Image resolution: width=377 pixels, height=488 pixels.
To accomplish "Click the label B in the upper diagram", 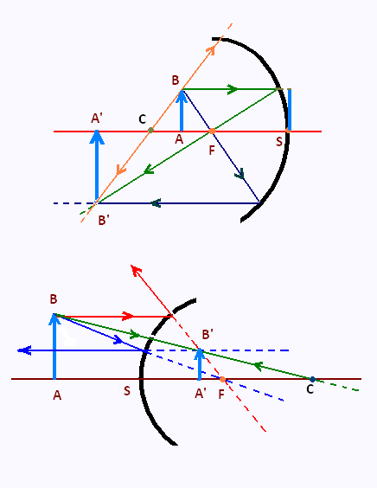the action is coord(176,80).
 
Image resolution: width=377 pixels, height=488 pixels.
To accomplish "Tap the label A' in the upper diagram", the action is coord(97,119).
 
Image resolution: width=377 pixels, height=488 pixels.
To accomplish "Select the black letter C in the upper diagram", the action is coord(142,119).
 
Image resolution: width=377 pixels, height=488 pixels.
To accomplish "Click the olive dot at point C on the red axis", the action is coord(150,130).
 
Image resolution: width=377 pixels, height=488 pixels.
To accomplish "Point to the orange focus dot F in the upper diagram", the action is coord(212,131).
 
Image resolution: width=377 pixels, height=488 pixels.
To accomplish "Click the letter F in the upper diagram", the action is coord(212,151).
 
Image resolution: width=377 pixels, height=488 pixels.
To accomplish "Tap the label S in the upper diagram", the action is coord(279,142).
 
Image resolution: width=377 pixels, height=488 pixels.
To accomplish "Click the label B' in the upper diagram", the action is coord(104,220).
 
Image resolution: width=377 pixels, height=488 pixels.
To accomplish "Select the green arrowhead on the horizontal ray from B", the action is coord(233,89).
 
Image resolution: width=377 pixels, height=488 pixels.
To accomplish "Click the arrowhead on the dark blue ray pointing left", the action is coord(156,203).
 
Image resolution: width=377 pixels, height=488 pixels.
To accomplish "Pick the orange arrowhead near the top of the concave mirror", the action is coord(211,50).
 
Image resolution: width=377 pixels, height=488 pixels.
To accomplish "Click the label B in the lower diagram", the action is coord(54,299).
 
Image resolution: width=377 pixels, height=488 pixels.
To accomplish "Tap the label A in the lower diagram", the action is coord(57,395).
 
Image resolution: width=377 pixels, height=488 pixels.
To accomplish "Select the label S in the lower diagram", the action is coord(126,391).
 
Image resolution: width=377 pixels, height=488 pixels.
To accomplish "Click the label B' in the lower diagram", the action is coord(208,335).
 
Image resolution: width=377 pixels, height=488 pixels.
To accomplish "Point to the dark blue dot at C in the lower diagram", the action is coord(313,379).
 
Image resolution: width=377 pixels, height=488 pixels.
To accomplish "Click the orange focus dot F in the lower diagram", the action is coord(222,379).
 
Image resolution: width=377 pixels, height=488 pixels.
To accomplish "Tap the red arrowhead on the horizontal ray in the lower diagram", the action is coord(128,316).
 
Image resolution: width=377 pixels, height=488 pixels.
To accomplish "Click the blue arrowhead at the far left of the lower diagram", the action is coord(24,350).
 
